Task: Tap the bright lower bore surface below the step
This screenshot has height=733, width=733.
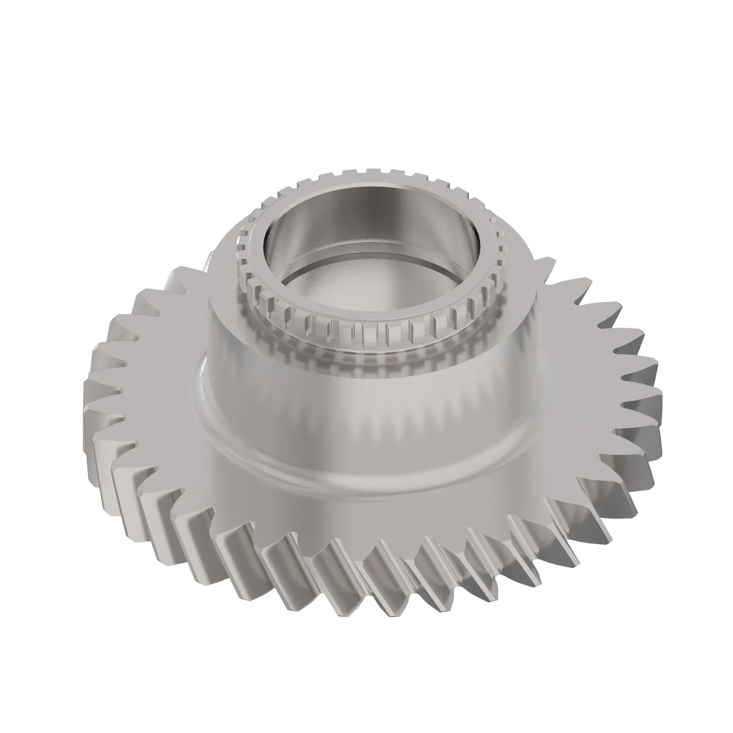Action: click(364, 288)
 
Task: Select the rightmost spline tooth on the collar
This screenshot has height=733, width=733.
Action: click(493, 243)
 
